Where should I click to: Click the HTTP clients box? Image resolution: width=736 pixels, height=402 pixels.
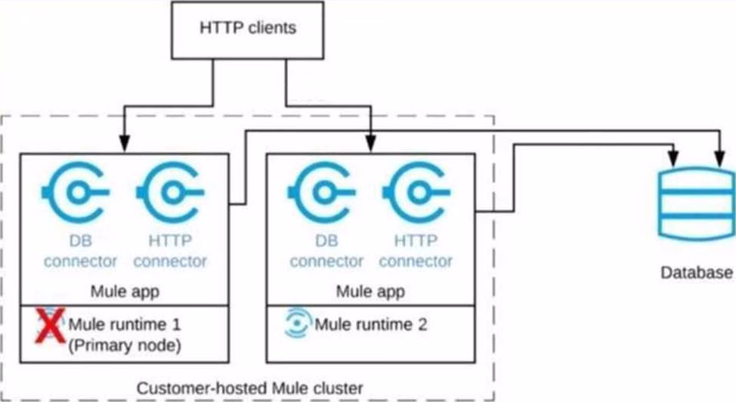click(x=247, y=30)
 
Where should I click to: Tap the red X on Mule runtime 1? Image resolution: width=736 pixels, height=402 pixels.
click(x=50, y=326)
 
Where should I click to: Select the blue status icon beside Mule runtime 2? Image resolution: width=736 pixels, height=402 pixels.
click(x=298, y=323)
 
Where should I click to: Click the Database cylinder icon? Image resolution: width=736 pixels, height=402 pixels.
click(x=696, y=204)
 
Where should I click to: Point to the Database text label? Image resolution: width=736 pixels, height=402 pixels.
click(x=697, y=272)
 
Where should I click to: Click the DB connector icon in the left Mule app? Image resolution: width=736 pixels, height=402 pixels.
click(x=76, y=192)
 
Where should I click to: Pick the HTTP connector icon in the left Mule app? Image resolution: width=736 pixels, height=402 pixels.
click(x=170, y=192)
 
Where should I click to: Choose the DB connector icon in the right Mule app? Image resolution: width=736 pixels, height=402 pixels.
click(x=322, y=192)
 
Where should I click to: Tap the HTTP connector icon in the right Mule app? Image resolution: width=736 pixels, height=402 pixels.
click(x=417, y=192)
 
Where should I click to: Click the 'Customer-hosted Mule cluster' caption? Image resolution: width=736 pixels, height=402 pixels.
click(x=249, y=388)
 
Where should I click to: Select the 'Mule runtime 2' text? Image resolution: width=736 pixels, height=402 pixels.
click(x=371, y=324)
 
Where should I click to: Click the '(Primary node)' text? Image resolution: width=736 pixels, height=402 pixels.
click(x=125, y=345)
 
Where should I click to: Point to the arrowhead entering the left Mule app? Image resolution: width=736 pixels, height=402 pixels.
click(x=125, y=144)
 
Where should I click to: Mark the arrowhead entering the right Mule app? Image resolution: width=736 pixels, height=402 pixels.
click(x=371, y=144)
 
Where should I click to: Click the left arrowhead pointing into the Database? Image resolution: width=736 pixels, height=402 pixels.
click(x=673, y=158)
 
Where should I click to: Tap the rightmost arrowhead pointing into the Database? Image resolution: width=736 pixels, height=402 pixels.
click(x=719, y=158)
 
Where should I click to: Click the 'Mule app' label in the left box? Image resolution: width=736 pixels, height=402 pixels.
click(x=125, y=292)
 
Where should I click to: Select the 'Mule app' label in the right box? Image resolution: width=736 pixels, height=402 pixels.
click(x=371, y=292)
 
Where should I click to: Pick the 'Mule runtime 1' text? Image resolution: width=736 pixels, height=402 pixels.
click(x=125, y=324)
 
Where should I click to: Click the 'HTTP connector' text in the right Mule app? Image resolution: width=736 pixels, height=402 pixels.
click(x=416, y=251)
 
